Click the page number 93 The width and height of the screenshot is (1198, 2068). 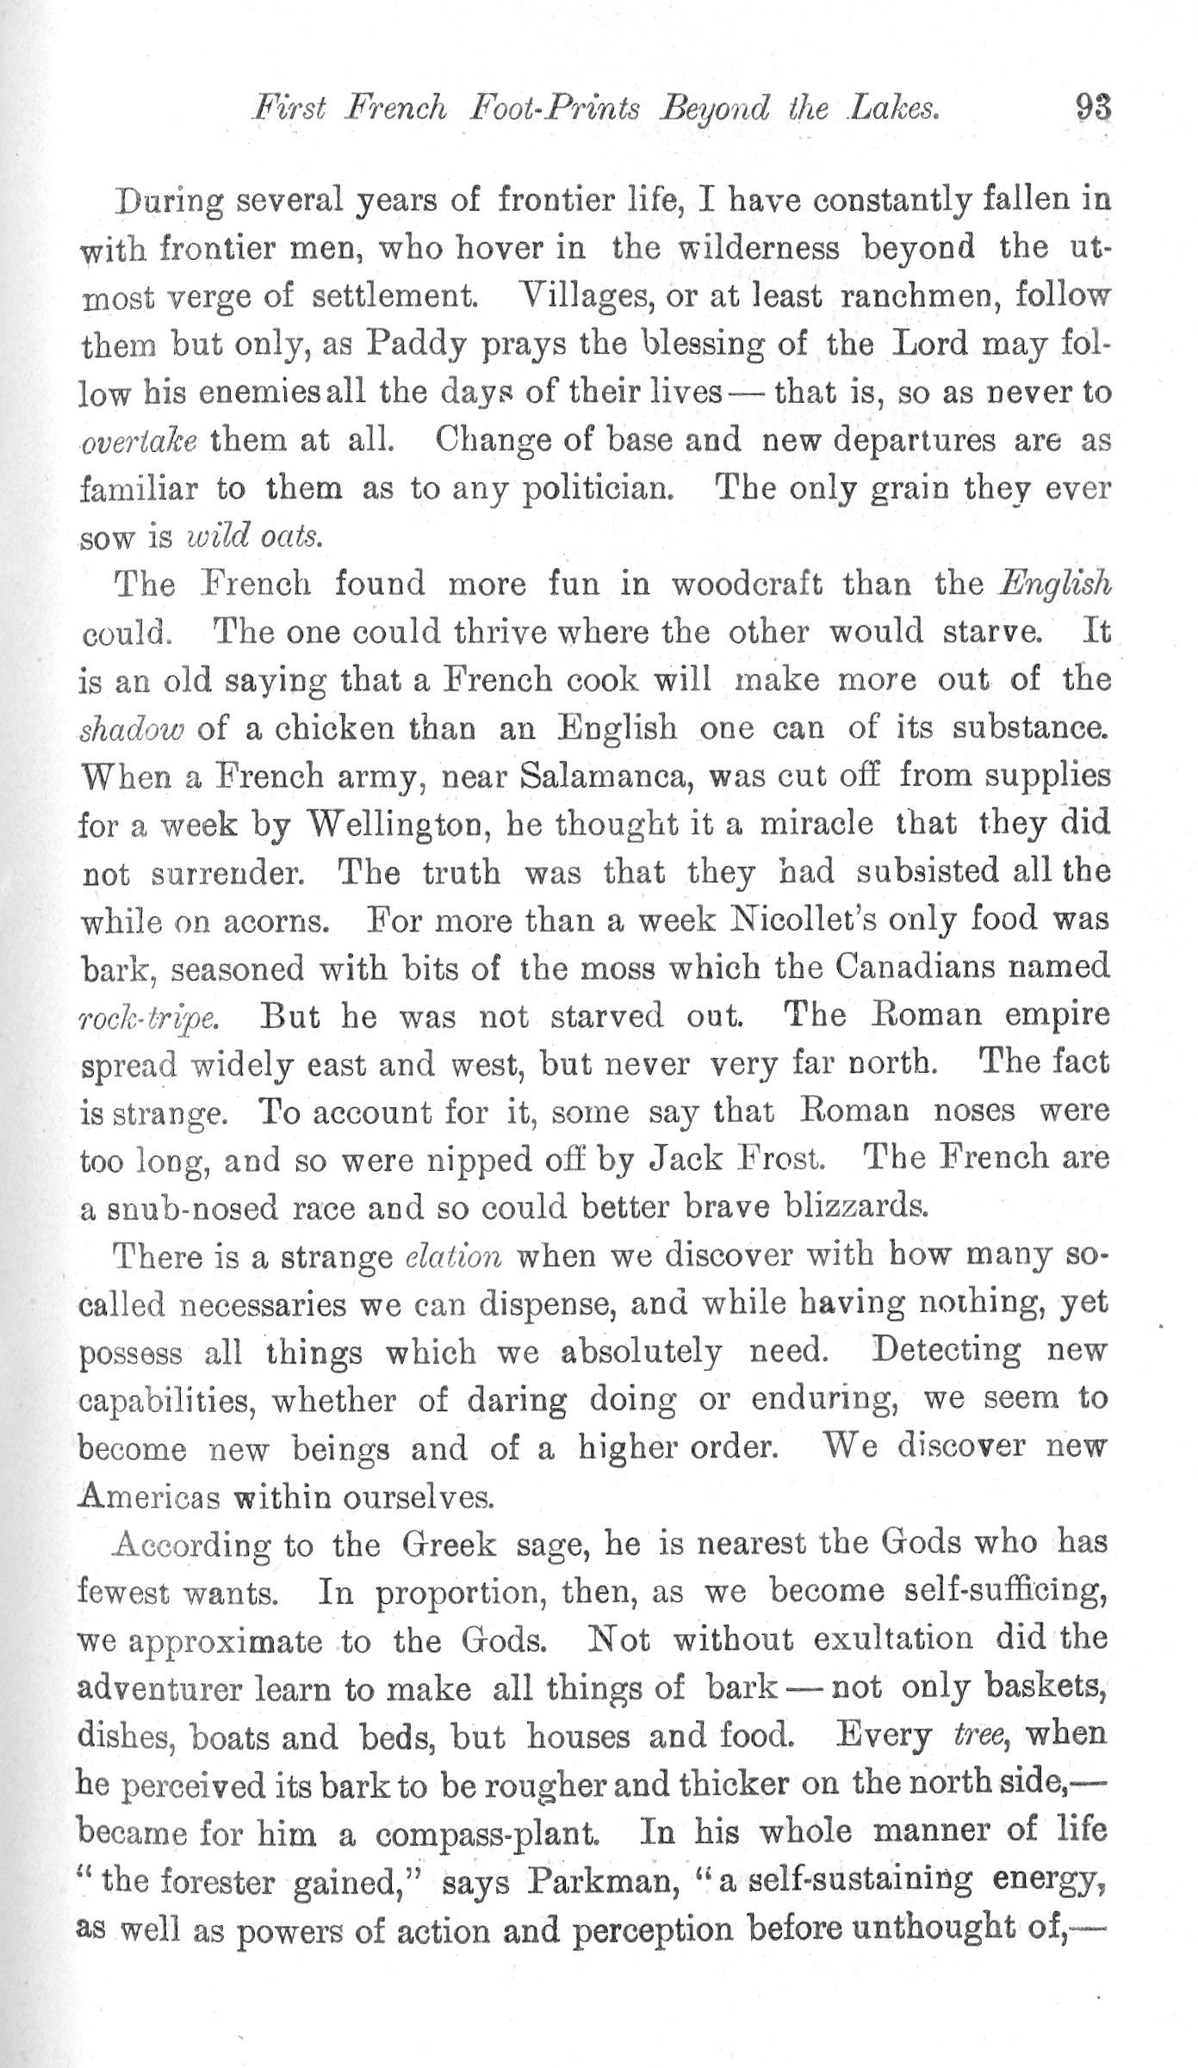click(1091, 109)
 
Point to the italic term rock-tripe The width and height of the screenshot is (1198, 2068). click(148, 1018)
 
